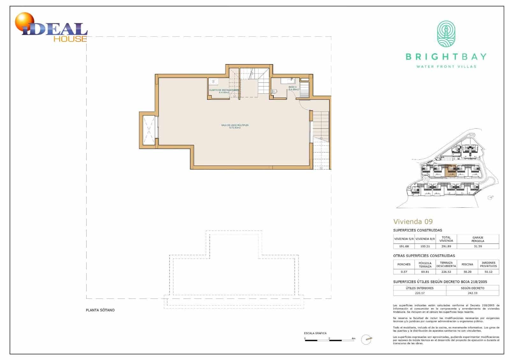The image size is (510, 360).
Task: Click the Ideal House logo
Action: point(51,29)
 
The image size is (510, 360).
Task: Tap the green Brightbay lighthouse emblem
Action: point(446,34)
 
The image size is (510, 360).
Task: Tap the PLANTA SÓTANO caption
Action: point(100,310)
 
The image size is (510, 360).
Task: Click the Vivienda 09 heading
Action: point(413,221)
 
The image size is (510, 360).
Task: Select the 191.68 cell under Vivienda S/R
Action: point(404,246)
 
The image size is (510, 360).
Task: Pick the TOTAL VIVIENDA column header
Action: point(446,239)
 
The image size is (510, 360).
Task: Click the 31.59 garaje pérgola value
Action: point(477,246)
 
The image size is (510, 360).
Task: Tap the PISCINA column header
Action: point(467,264)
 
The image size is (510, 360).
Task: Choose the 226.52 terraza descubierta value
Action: point(446,272)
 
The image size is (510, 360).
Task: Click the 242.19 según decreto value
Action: point(472,293)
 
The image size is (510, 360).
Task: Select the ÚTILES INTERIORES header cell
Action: point(419,288)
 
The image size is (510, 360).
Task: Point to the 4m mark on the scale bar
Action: point(353,338)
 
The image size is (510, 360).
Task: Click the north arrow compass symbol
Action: point(367,340)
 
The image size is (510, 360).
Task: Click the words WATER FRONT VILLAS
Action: point(446,67)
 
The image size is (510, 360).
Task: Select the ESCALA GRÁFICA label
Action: point(315,333)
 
